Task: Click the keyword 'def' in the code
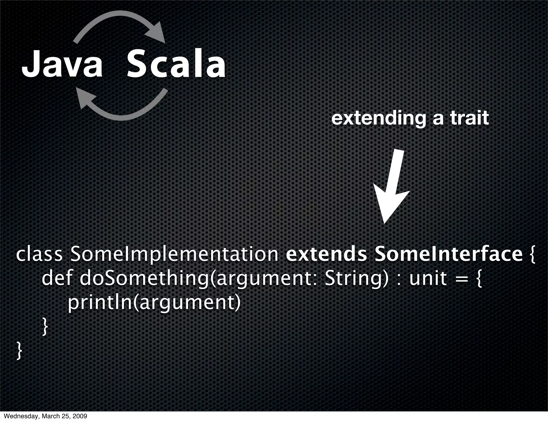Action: pyautogui.click(x=57, y=278)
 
